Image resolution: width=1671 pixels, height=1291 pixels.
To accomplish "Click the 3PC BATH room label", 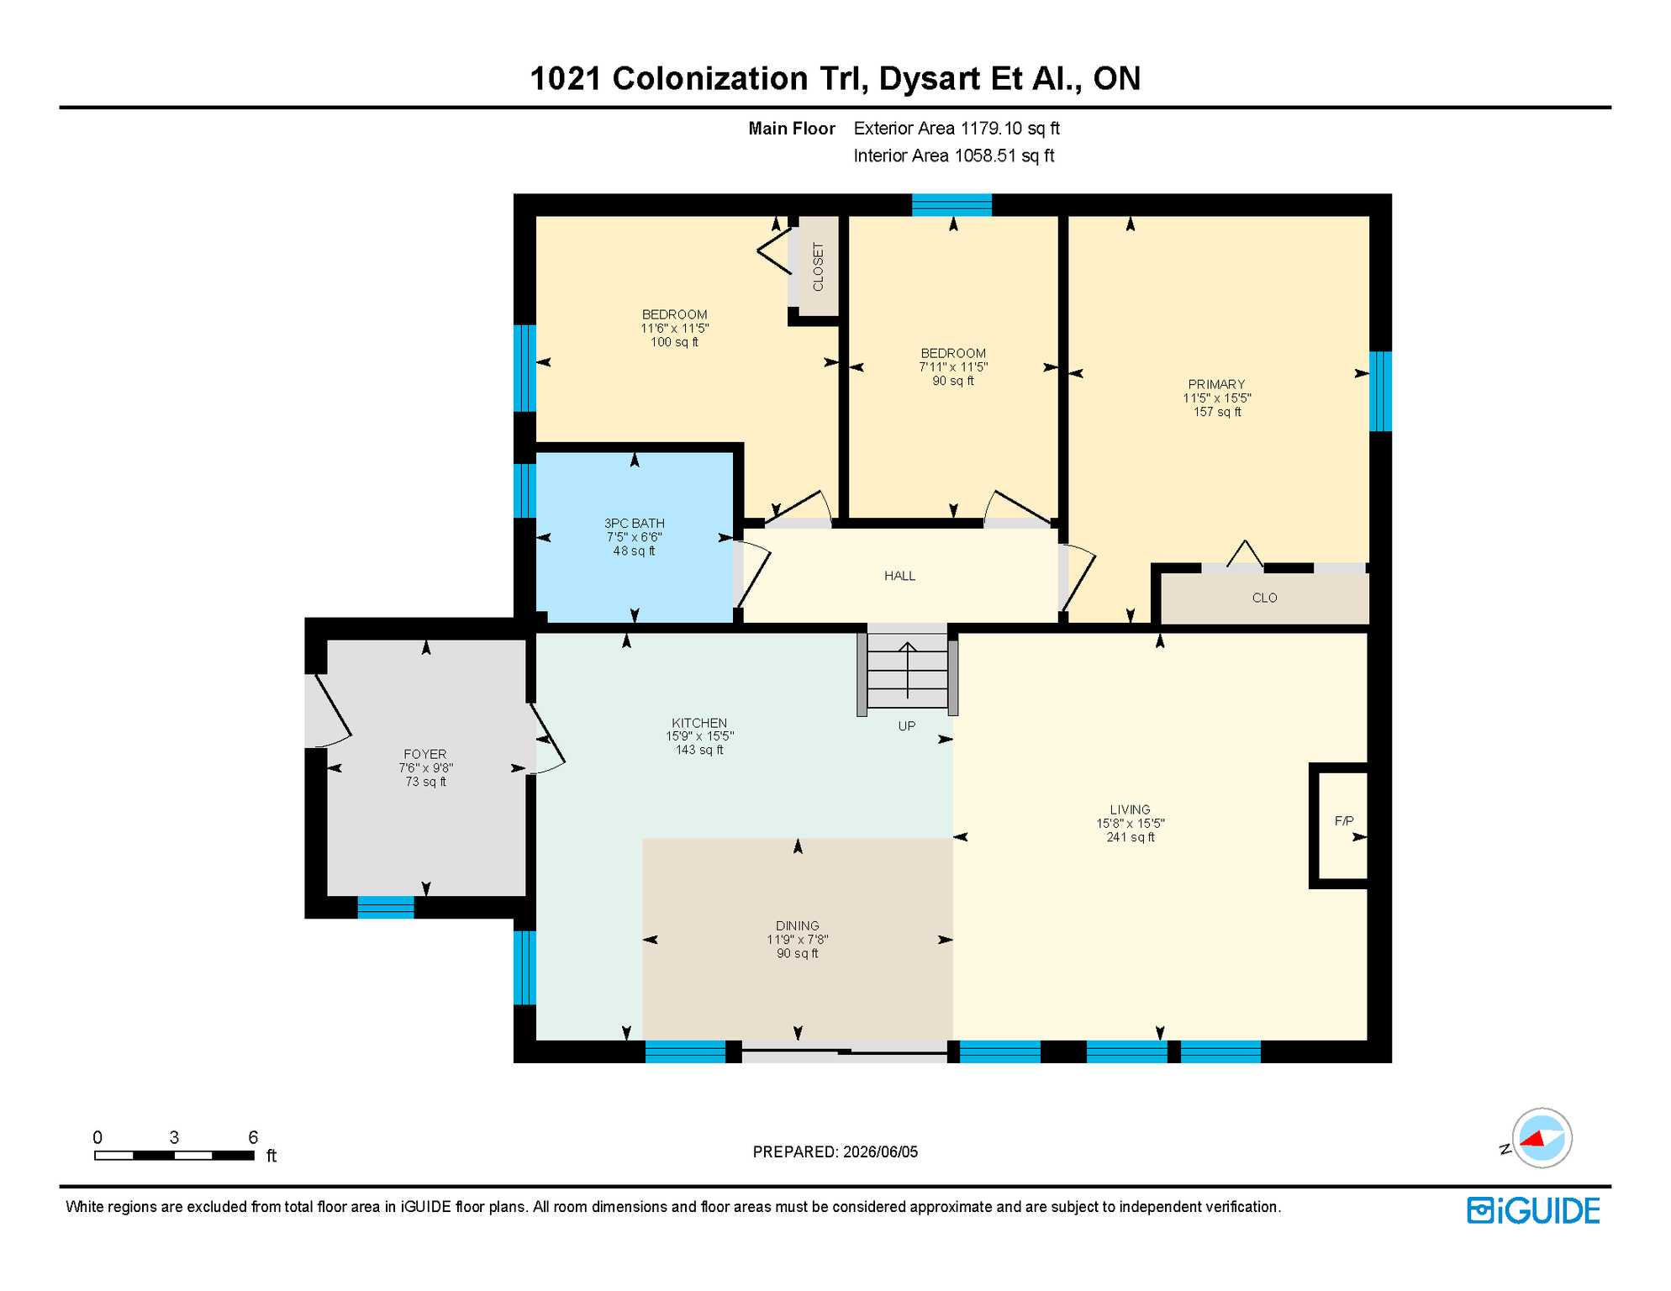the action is [x=634, y=524].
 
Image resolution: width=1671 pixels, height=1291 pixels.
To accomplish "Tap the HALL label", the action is [x=899, y=576].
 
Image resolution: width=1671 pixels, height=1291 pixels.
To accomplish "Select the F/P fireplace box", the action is [x=1339, y=825].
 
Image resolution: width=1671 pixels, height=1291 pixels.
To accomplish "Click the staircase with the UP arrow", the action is [x=907, y=670].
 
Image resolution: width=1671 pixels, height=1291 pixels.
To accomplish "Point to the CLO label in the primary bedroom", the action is [x=1264, y=598].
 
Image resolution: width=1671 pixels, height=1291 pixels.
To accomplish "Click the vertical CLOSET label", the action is [x=818, y=267].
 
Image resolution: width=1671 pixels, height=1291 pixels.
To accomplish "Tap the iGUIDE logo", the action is [x=1533, y=1210].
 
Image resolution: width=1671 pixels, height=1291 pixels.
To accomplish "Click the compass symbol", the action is [x=1542, y=1138].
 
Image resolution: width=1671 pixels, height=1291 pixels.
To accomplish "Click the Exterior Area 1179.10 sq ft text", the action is [x=957, y=129].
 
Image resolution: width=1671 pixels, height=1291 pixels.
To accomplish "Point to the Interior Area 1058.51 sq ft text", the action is [x=954, y=155].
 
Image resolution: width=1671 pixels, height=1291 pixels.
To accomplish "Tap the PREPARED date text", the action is [x=835, y=1152].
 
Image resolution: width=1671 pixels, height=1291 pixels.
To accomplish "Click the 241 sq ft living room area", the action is [x=1131, y=837].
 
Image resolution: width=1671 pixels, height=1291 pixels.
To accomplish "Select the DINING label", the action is [x=797, y=926].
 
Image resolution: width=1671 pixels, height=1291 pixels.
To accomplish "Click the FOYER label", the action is [x=424, y=755].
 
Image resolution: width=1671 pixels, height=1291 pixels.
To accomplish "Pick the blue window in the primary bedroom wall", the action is [x=1380, y=391].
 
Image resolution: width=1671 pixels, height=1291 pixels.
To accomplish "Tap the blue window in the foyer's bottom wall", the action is [x=386, y=908].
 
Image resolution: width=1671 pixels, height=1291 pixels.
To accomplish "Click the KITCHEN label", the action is [x=699, y=723].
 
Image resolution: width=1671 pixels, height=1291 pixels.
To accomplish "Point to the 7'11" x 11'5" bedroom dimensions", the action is [x=953, y=367].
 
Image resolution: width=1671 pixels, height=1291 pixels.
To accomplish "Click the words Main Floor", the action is [x=792, y=129].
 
